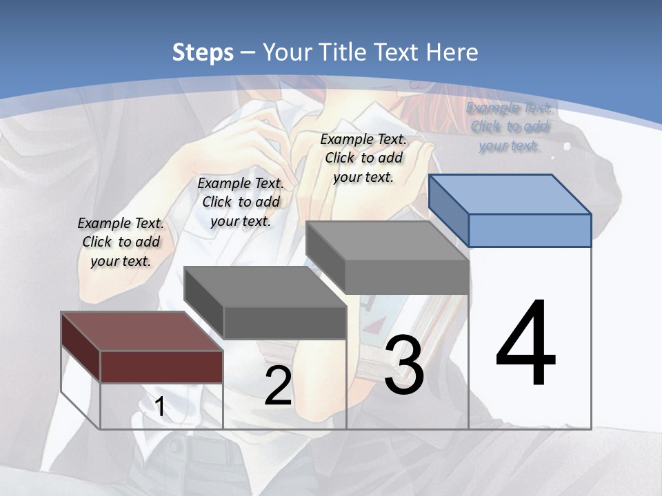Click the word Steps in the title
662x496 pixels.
(x=203, y=52)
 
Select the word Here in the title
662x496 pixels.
(x=452, y=52)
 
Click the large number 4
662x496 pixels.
(x=525, y=344)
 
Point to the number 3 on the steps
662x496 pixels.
(x=404, y=365)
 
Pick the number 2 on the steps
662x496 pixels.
(x=278, y=386)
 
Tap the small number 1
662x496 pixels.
(x=159, y=407)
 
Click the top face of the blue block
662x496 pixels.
(x=510, y=194)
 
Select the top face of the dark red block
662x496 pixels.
(x=142, y=331)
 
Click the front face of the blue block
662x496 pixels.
(x=530, y=230)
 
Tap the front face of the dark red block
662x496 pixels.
(x=161, y=366)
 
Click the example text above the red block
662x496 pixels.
(x=121, y=242)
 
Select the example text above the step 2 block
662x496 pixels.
(x=241, y=203)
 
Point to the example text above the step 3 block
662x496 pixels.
(x=363, y=158)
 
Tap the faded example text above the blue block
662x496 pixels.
(x=509, y=127)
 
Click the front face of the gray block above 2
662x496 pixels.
(x=285, y=322)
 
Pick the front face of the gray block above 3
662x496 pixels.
(x=407, y=277)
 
